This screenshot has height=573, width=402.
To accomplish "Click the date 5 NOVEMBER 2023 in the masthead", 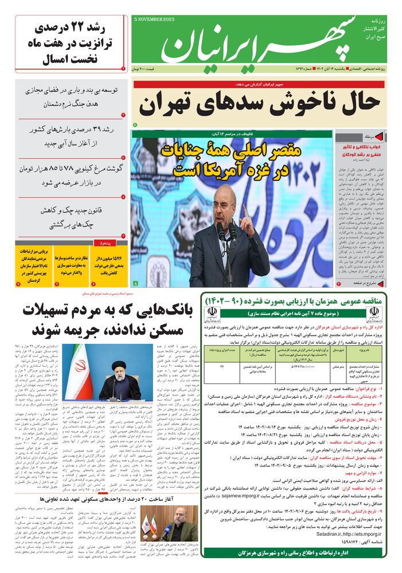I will coord(154,19).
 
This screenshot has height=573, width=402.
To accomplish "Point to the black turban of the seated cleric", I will coord(118,365).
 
